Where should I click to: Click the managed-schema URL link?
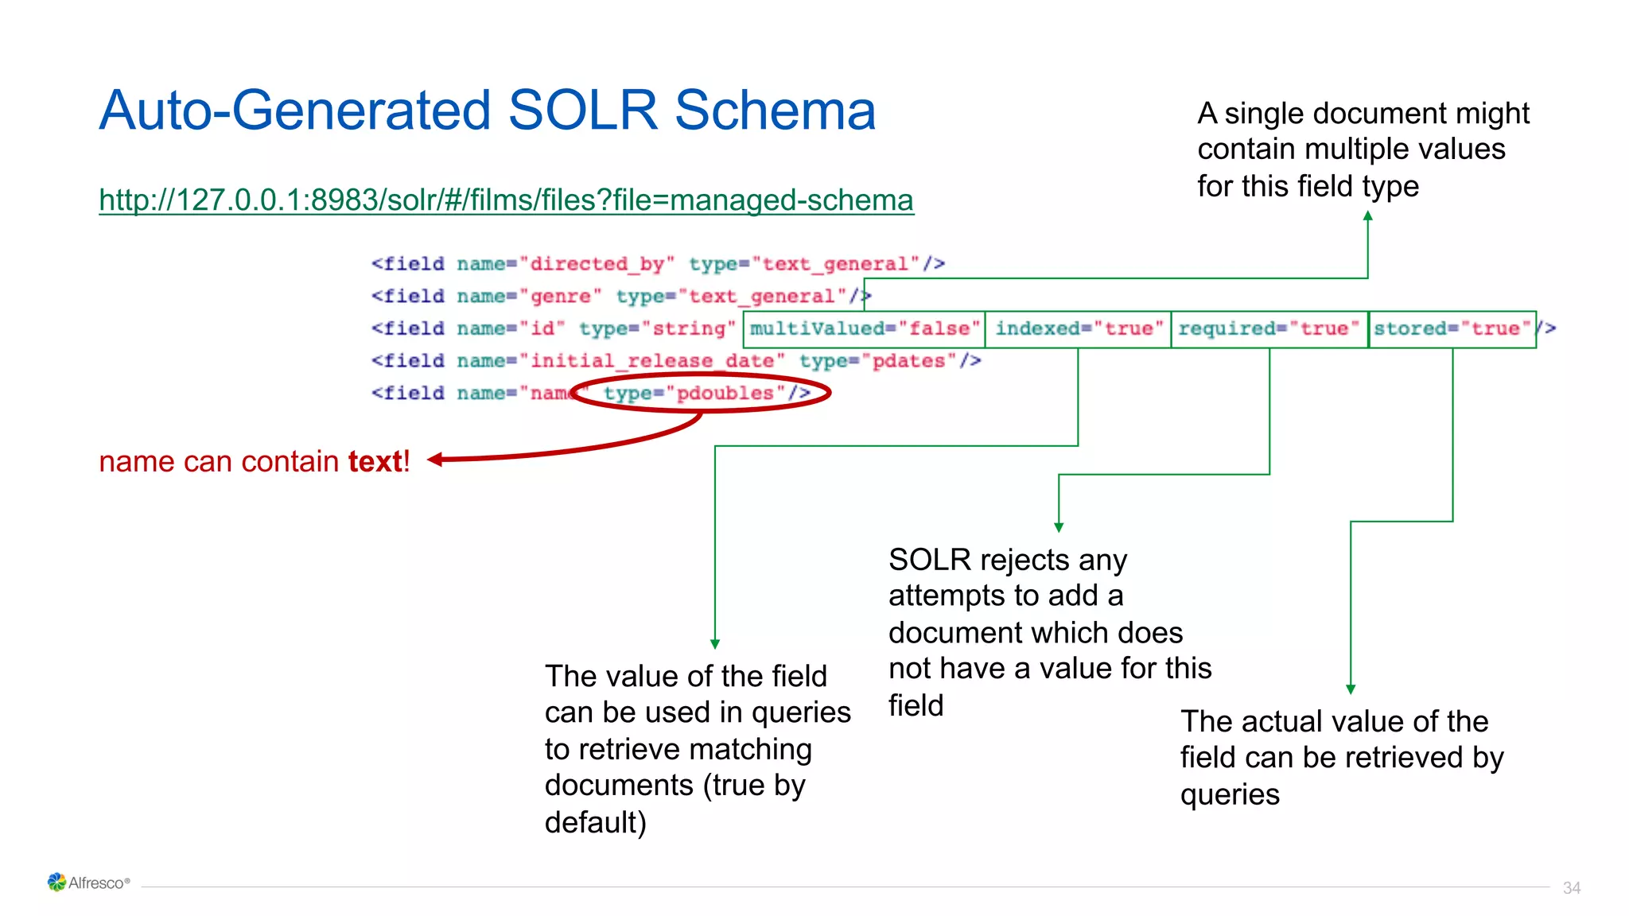(506, 200)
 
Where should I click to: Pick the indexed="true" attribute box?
(1079, 329)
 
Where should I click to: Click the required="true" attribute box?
(1269, 329)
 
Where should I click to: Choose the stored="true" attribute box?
(1452, 329)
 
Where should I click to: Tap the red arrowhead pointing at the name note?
(435, 460)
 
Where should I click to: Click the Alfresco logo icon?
(56, 882)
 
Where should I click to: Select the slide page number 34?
(1571, 887)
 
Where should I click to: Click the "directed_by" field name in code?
(597, 264)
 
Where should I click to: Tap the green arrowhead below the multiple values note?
(1367, 216)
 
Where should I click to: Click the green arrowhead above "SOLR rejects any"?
(1059, 527)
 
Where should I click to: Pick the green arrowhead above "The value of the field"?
(715, 644)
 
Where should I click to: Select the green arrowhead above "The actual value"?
(1351, 689)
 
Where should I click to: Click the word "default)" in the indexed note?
(596, 822)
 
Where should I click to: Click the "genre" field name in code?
(562, 297)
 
